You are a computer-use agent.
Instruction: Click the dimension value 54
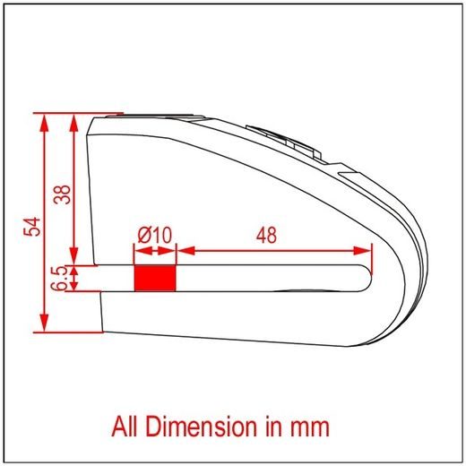click(x=32, y=227)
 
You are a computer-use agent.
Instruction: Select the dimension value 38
click(x=62, y=194)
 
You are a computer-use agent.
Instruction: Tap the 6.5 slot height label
click(x=58, y=278)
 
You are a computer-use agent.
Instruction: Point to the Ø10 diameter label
click(x=154, y=235)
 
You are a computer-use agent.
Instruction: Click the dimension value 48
click(x=266, y=235)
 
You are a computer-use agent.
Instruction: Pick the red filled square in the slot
click(x=155, y=278)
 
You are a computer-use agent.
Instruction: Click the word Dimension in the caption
click(x=202, y=427)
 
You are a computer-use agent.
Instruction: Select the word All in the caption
click(x=125, y=427)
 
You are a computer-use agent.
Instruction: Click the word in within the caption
click(x=273, y=427)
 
